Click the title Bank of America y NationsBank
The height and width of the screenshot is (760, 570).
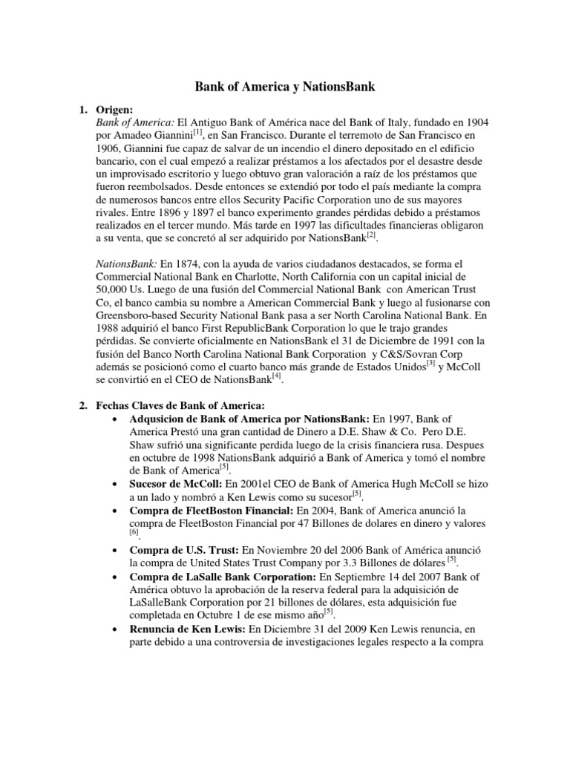tap(285, 88)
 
